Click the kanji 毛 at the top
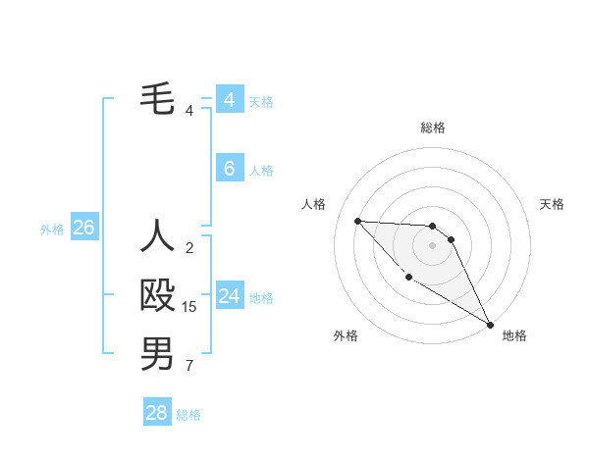[157, 99]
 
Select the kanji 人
[157, 236]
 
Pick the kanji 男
[157, 354]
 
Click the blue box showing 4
[229, 100]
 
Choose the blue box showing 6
[229, 169]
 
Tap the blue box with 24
[229, 296]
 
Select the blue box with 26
[83, 229]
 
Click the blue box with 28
[156, 413]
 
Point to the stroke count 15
[189, 307]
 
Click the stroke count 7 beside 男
[189, 367]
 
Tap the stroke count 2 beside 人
[189, 247]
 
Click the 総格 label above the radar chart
[432, 128]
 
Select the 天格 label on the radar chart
[552, 204]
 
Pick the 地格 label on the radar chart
[514, 335]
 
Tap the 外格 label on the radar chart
[346, 335]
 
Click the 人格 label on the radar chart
[314, 204]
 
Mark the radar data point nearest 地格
[490, 325]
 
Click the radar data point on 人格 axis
[357, 221]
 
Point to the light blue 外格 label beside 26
[52, 230]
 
